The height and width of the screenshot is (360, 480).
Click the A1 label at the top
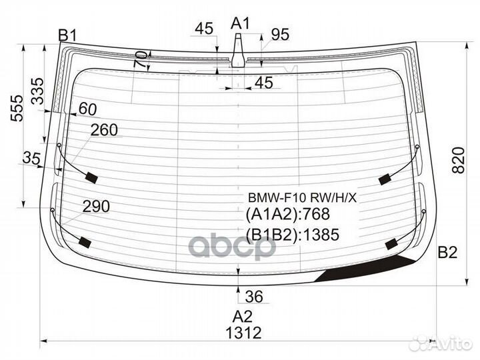click(240, 23)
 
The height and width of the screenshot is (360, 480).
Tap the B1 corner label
click(67, 35)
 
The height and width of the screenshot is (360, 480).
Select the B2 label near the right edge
click(447, 252)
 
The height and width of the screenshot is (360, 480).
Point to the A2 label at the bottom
click(243, 317)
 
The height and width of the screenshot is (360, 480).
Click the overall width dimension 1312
click(244, 333)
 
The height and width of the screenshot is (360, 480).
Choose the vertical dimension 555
click(17, 109)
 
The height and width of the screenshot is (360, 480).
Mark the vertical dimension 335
click(38, 91)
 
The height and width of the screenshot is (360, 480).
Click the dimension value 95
click(280, 35)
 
